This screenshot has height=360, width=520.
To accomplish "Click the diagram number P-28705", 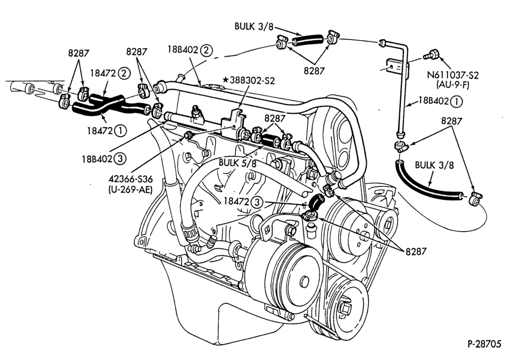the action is coord(485,344).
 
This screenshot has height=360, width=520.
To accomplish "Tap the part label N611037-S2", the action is coord(453,75).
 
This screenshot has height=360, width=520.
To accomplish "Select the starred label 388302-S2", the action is coord(249,80).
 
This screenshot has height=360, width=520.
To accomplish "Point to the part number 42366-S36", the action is coord(131,179).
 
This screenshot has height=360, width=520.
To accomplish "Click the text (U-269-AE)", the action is coord(130,190).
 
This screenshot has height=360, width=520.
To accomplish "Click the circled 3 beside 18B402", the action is coord(120,159).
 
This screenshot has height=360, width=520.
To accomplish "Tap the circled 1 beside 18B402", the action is coord(457,101).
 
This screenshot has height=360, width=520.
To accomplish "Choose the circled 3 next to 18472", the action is coord(256,201).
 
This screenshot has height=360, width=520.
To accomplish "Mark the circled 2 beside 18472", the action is coord(123,73).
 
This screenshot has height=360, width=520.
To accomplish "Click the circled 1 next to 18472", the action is coord(120,131).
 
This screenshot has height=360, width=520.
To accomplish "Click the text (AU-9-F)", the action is coord(453,85).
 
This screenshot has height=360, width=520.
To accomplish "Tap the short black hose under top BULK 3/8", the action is coord(307,40).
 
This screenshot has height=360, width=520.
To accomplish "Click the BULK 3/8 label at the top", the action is coord(254,26).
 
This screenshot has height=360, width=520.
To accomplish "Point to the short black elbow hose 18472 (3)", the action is coord(316,201).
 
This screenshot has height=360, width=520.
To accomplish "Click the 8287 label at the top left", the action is coord(79,53).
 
